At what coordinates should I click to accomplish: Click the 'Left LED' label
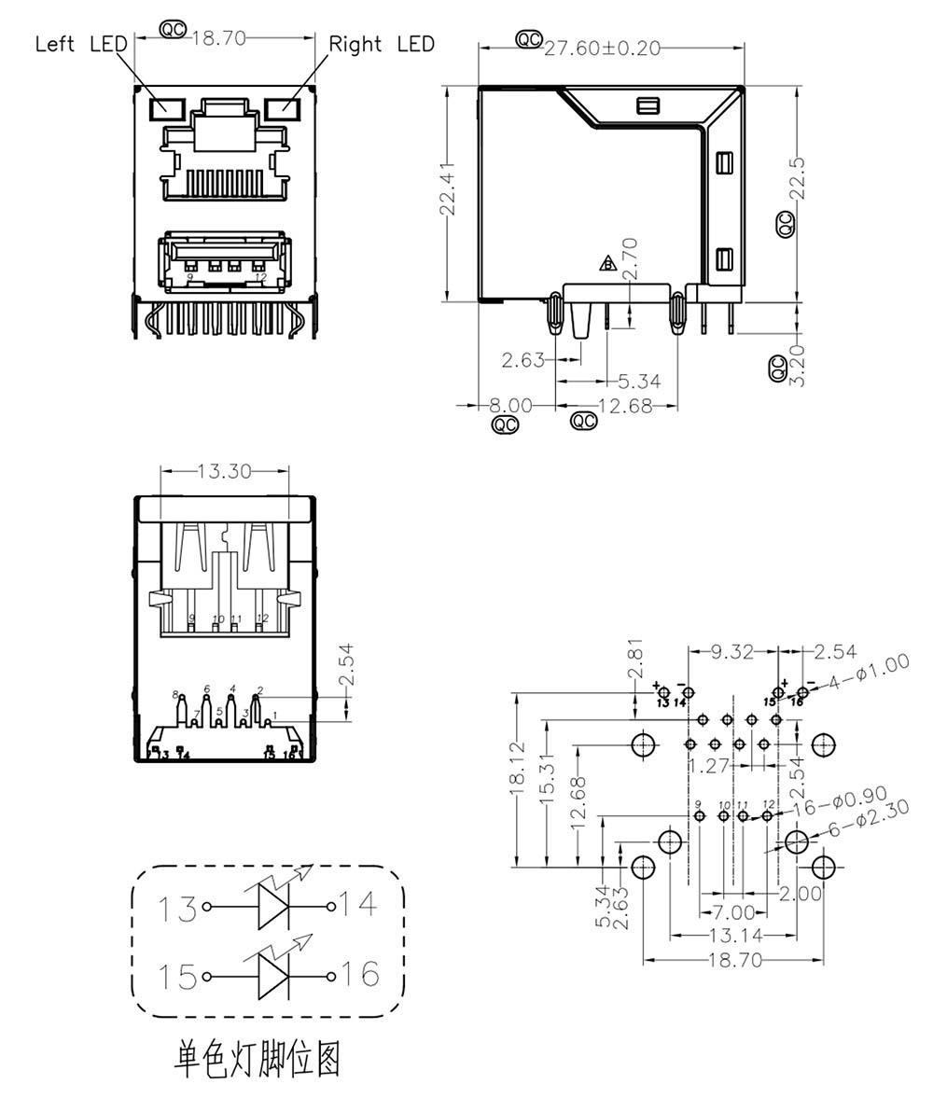(x=81, y=44)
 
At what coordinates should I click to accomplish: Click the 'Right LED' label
(x=382, y=44)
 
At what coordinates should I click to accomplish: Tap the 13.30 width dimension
(x=225, y=472)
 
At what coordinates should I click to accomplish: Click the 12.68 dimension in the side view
(x=625, y=407)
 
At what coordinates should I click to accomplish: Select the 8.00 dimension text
(x=511, y=407)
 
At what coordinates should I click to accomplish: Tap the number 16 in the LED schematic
(x=357, y=975)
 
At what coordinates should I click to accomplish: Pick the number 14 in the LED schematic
(x=358, y=904)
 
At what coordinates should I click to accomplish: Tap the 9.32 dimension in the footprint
(x=732, y=651)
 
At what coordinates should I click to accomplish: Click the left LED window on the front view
(x=168, y=106)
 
